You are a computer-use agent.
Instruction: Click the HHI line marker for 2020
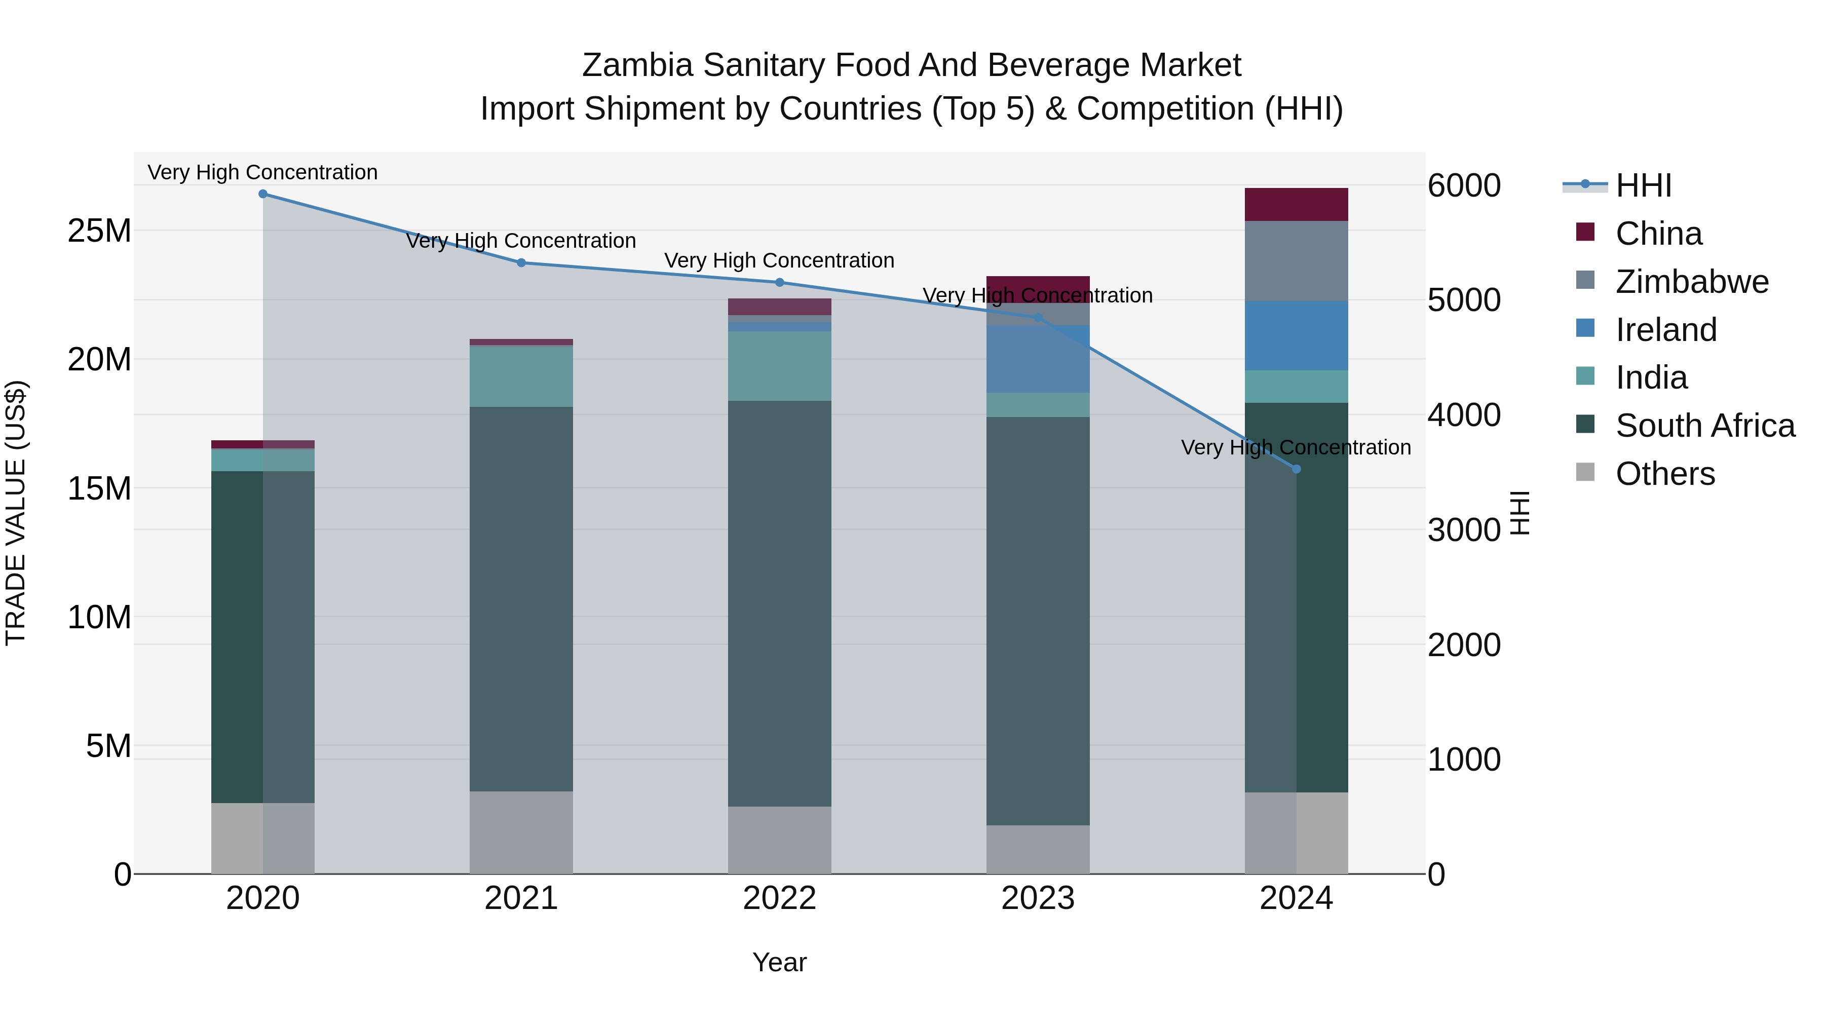[262, 194]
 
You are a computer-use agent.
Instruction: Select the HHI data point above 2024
[1297, 469]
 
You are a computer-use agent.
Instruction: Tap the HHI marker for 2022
[780, 283]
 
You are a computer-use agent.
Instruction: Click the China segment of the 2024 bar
[1297, 205]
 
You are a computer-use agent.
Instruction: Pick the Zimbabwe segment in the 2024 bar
[1297, 260]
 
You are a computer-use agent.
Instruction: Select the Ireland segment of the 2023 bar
[1038, 359]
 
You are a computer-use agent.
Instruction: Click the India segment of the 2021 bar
[521, 376]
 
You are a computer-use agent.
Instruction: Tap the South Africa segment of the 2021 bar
[521, 598]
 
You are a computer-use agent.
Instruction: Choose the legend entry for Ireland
[1665, 330]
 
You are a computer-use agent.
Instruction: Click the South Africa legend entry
[1704, 426]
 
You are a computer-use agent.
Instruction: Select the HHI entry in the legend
[1643, 185]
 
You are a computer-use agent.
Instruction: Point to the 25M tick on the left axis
[99, 231]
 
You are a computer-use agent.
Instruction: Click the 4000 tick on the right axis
[1463, 415]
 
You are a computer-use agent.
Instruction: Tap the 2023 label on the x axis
[1038, 898]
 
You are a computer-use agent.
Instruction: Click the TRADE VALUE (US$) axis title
[16, 513]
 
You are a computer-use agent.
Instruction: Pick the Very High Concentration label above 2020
[262, 172]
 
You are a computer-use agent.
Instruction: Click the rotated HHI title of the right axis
[1520, 513]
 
